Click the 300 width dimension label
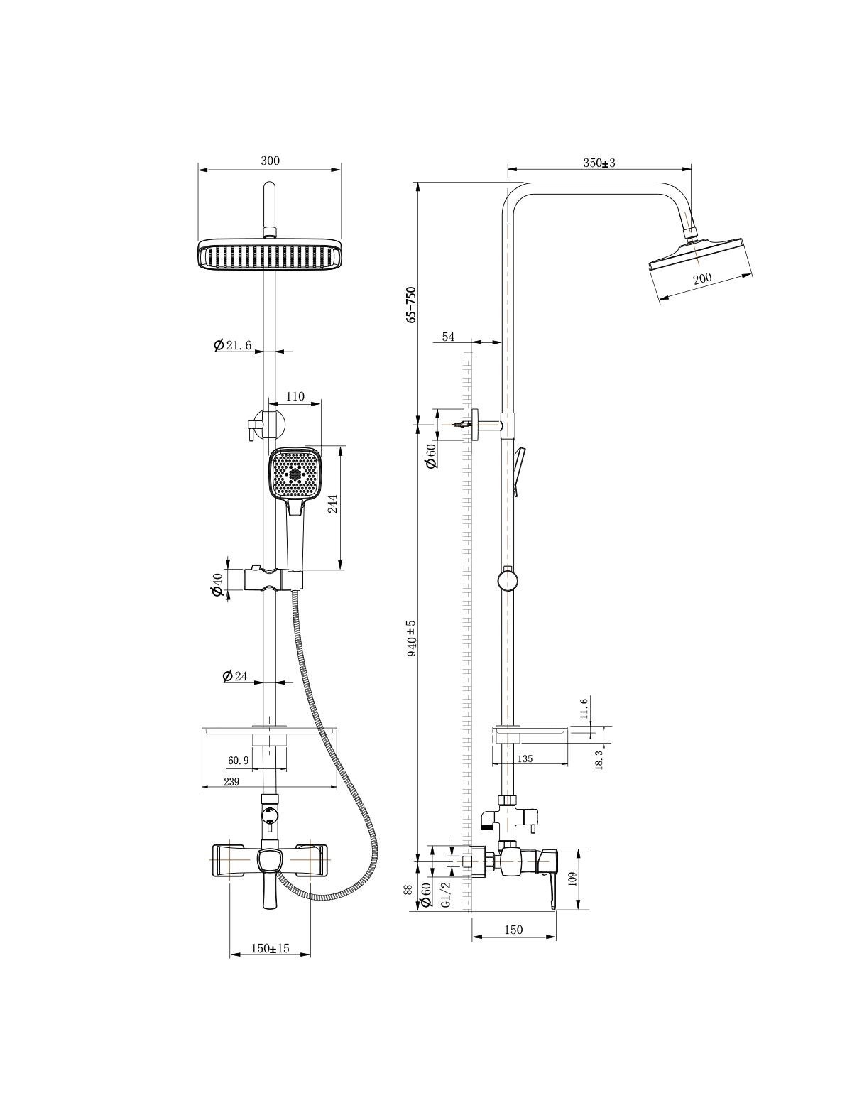click(x=270, y=161)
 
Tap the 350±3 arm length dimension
click(x=599, y=163)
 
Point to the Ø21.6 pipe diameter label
click(x=233, y=345)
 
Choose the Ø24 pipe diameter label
click(x=234, y=676)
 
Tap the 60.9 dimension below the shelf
click(x=239, y=761)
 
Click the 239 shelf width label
click(x=231, y=782)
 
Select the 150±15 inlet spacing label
click(x=270, y=948)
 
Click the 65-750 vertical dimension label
click(x=411, y=304)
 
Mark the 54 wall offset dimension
click(x=448, y=337)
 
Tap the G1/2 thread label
click(x=445, y=895)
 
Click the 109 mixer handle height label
click(x=573, y=879)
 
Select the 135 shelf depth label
click(x=525, y=759)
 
